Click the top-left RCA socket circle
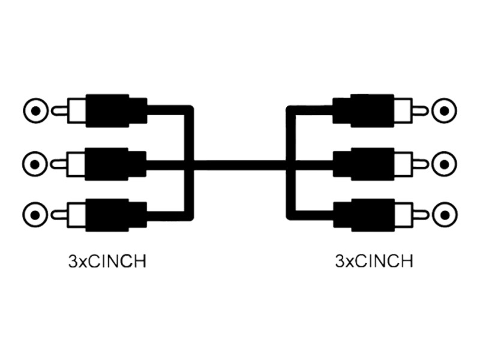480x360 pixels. pos(36,111)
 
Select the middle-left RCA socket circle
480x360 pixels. pos(35,164)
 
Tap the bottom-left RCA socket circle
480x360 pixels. pos(35,215)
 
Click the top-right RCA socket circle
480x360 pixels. pos(444,111)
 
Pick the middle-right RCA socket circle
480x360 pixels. pos(444,164)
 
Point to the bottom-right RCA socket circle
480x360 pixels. pos(445,215)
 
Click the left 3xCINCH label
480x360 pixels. pos(107,262)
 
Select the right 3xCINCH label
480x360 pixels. pos(374,262)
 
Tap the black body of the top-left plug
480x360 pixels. pos(116,110)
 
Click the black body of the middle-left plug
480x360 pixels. pos(116,164)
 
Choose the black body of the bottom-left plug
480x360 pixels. pos(116,215)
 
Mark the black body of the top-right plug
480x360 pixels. pos(364,110)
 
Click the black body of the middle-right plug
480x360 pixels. pos(364,164)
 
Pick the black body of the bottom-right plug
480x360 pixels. pos(364,215)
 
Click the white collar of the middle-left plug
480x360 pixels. pos(76,164)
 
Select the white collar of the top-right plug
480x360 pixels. pos(403,110)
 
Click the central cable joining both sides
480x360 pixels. pos(239,164)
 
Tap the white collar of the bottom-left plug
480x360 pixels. pos(76,215)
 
